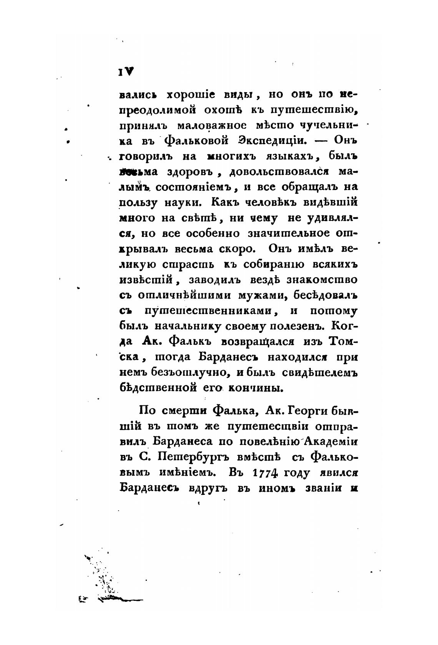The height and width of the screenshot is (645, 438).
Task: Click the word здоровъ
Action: [188, 172]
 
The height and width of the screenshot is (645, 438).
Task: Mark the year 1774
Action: [265, 473]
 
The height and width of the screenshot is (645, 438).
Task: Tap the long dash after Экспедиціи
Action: [321, 141]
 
